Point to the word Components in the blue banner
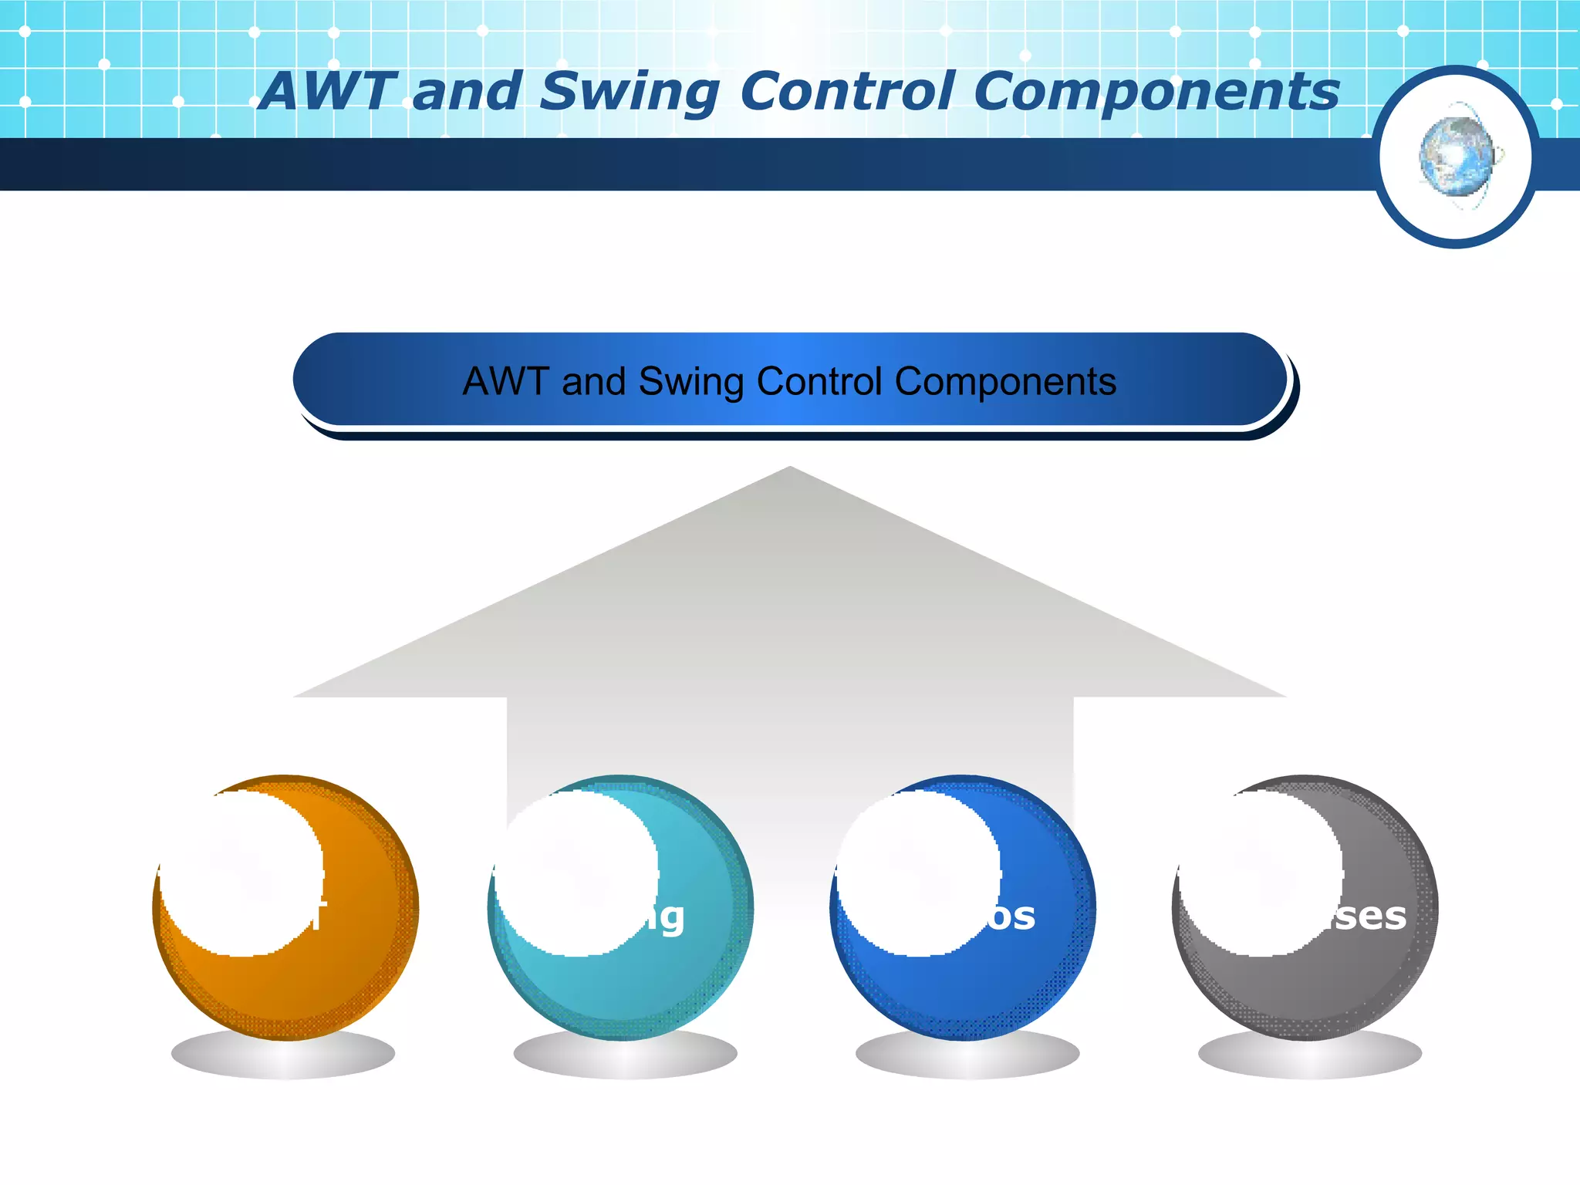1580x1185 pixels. coord(1005,381)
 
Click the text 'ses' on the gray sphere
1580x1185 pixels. coord(1370,916)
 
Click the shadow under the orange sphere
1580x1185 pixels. coord(282,1055)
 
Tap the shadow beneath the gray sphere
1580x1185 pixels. coord(1309,1055)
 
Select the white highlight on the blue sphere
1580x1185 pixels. coord(918,872)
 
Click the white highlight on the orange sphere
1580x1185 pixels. coord(241,872)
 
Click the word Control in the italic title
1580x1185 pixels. coord(846,91)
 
